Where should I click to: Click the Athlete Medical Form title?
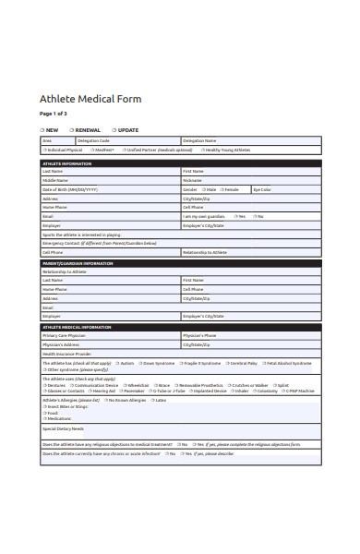(90, 99)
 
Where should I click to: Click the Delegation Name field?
(249, 141)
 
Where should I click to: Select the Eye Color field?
(286, 189)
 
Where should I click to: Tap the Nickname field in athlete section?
(249, 180)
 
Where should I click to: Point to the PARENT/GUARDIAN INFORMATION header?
(78, 263)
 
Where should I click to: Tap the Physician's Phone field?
(249, 335)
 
